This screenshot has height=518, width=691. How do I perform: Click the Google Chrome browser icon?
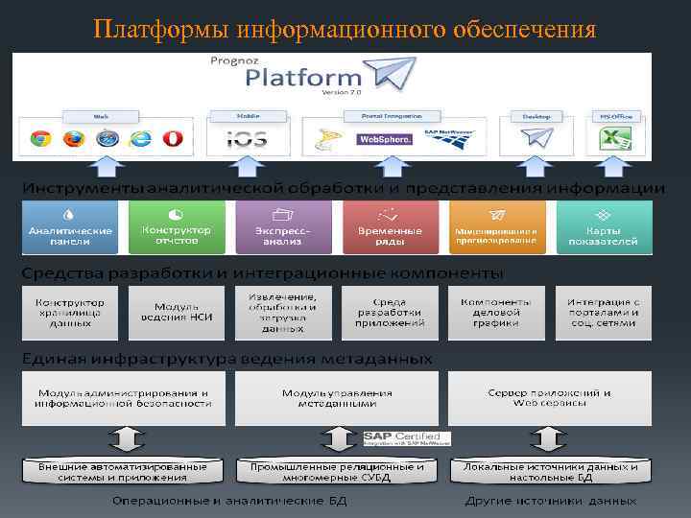pos(40,138)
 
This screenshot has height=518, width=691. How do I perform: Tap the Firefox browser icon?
pos(74,138)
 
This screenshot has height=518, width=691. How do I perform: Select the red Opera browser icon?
pos(173,138)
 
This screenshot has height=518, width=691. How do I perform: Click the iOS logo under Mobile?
pos(247,139)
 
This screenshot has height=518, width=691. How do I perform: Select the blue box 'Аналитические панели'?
pos(70,228)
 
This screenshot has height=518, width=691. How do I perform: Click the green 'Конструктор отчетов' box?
pos(177,228)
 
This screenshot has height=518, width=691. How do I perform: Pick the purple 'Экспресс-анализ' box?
pos(283,228)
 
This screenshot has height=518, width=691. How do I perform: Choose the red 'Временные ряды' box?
pos(390,228)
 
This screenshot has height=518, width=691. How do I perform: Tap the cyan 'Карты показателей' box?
pos(604,228)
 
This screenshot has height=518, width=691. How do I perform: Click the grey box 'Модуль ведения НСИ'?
pos(177,313)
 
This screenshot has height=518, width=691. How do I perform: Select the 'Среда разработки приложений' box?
pos(390,313)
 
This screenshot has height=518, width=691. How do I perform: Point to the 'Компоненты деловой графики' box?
pos(496,313)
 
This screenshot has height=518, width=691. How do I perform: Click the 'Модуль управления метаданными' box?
pos(336,398)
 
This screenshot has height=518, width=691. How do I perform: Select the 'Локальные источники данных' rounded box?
pos(550,472)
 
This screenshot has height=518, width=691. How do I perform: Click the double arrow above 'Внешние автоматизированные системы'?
pos(122,439)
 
